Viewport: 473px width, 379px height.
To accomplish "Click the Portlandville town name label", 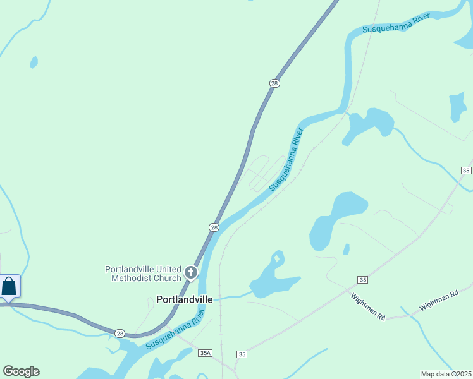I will pyautogui.click(x=185, y=299).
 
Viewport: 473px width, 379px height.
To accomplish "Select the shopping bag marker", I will pyautogui.click(x=9, y=286).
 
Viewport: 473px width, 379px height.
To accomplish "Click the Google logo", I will pyautogui.click(x=21, y=371).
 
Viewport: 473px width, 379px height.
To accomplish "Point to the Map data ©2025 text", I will pyautogui.click(x=445, y=374).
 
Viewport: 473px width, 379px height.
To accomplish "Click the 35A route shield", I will pyautogui.click(x=204, y=354).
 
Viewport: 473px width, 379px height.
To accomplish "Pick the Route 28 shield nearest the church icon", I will pyautogui.click(x=214, y=227).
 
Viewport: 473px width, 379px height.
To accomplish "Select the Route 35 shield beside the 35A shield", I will pyautogui.click(x=242, y=354).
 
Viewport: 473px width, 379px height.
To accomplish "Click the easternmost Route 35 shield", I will pyautogui.click(x=466, y=171).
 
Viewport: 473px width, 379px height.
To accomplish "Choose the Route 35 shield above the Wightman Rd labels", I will pyautogui.click(x=362, y=279).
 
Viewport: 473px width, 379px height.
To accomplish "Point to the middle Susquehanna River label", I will pyautogui.click(x=286, y=159).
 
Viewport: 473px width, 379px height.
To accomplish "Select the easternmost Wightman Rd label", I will pyautogui.click(x=438, y=301).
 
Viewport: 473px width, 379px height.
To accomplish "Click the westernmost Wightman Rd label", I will pyautogui.click(x=368, y=307).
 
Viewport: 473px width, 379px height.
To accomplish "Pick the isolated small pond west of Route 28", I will pyautogui.click(x=34, y=63).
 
